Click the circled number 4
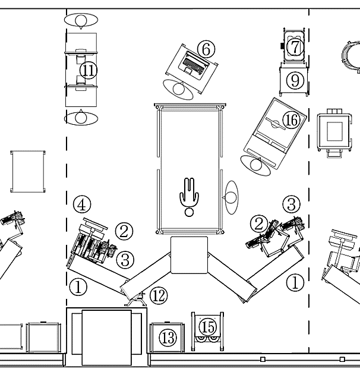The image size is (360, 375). tap(82, 205)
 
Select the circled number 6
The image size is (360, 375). tap(205, 49)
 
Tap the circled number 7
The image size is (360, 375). tap(295, 46)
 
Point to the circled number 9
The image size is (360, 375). tap(295, 80)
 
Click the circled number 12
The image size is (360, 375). tap(158, 295)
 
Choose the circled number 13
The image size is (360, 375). tap(168, 338)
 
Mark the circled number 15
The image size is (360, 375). tap(207, 326)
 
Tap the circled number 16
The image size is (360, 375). tap(291, 121)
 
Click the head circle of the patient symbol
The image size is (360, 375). tap(190, 212)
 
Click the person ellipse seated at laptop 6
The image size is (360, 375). tap(179, 90)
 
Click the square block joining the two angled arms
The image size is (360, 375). tap(189, 255)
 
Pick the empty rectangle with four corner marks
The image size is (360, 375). tap(29, 171)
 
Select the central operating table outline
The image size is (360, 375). tap(190, 166)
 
